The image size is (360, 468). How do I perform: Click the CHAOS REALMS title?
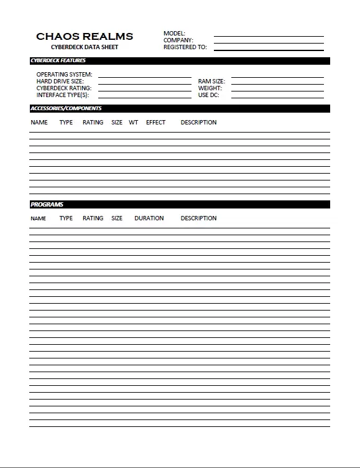pyautogui.click(x=85, y=37)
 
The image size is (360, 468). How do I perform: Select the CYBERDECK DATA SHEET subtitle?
pyautogui.click(x=85, y=47)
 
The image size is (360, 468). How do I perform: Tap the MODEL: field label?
pyautogui.click(x=174, y=34)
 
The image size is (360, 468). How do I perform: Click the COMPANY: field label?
pyautogui.click(x=178, y=40)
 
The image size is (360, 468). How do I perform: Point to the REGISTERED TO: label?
pyautogui.click(x=185, y=47)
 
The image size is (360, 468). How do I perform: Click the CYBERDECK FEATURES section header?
pyautogui.click(x=58, y=61)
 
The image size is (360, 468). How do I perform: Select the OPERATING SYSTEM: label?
pyautogui.click(x=64, y=75)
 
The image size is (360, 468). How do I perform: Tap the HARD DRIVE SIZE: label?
pyautogui.click(x=60, y=82)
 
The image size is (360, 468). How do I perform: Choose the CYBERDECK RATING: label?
pyautogui.click(x=63, y=88)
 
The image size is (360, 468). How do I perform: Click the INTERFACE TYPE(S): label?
pyautogui.click(x=63, y=95)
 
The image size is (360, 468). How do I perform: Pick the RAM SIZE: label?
pyautogui.click(x=211, y=82)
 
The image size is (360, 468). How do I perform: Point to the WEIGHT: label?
pyautogui.click(x=210, y=88)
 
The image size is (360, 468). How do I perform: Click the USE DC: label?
pyautogui.click(x=209, y=95)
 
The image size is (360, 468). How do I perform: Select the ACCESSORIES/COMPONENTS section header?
pyautogui.click(x=66, y=109)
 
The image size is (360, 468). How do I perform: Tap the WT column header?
pyautogui.click(x=134, y=123)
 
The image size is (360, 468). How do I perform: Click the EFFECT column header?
pyautogui.click(x=155, y=123)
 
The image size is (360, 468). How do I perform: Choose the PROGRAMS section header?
pyautogui.click(x=47, y=205)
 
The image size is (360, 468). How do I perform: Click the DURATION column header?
pyautogui.click(x=149, y=218)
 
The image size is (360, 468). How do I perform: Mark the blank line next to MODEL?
pyautogui.click(x=269, y=35)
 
